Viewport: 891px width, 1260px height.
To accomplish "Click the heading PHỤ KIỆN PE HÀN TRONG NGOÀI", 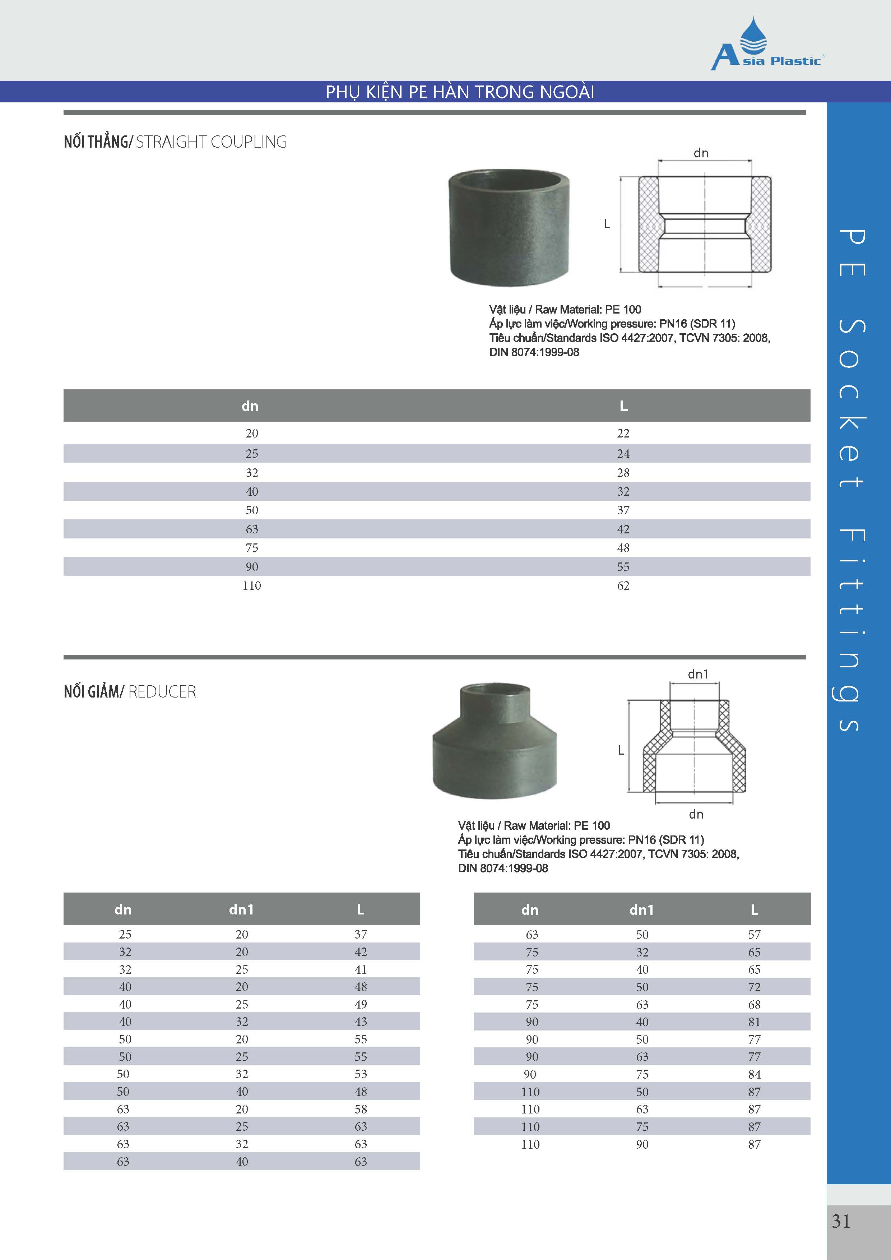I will [460, 92].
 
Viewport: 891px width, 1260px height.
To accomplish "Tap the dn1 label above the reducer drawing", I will [698, 674].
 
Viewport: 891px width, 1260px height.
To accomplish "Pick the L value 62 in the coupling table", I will [623, 585].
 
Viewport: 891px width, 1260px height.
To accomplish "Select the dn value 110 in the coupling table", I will [251, 585].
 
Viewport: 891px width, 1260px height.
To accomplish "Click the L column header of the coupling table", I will [623, 406].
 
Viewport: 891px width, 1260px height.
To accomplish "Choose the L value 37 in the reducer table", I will [361, 934].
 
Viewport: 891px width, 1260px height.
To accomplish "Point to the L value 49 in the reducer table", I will [361, 1004].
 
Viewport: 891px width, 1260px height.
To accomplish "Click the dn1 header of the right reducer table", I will [641, 910].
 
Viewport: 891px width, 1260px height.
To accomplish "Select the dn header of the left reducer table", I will [123, 910].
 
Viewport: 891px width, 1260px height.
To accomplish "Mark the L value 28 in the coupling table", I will [623, 473].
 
